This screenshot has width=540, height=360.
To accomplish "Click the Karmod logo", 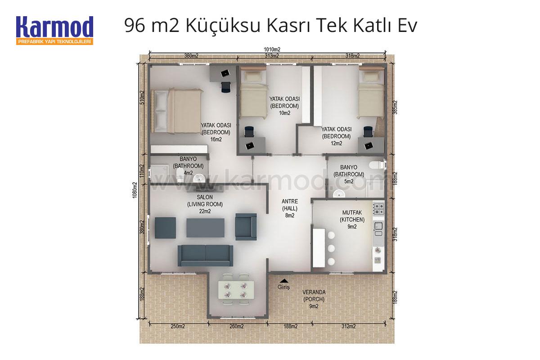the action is [55, 31].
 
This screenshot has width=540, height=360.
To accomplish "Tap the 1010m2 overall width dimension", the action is [272, 49].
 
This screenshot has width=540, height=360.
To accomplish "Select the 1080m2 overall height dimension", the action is [135, 190].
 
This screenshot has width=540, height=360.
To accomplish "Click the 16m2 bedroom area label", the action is [216, 139].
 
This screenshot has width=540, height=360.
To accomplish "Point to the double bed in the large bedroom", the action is [176, 111].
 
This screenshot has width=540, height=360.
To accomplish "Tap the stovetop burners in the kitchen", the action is [378, 209].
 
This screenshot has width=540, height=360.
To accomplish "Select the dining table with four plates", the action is [236, 290].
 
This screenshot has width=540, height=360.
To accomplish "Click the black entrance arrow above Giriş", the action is [284, 281].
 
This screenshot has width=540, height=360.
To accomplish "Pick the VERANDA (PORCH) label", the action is [314, 296].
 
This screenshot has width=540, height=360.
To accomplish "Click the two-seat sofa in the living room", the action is [205, 256].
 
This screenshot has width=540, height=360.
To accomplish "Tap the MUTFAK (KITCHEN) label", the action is [352, 216].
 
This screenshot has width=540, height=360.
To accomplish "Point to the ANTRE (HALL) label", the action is [290, 205].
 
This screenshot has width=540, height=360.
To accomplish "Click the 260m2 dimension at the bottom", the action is [237, 327].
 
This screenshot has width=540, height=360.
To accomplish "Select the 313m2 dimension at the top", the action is [272, 56].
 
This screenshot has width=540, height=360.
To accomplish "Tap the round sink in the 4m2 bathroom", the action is [199, 179].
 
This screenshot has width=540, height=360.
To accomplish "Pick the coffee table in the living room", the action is [205, 228].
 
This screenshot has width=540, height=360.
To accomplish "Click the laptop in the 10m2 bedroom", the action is [249, 145].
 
